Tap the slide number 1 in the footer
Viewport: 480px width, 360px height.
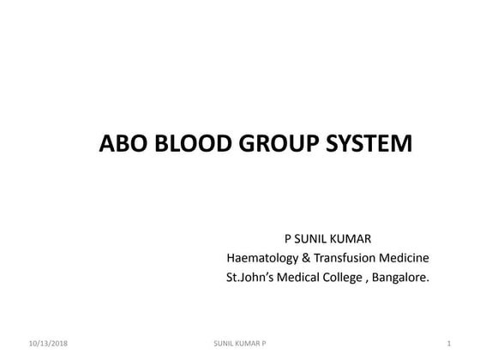449,343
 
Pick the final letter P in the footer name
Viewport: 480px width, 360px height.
263,343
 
